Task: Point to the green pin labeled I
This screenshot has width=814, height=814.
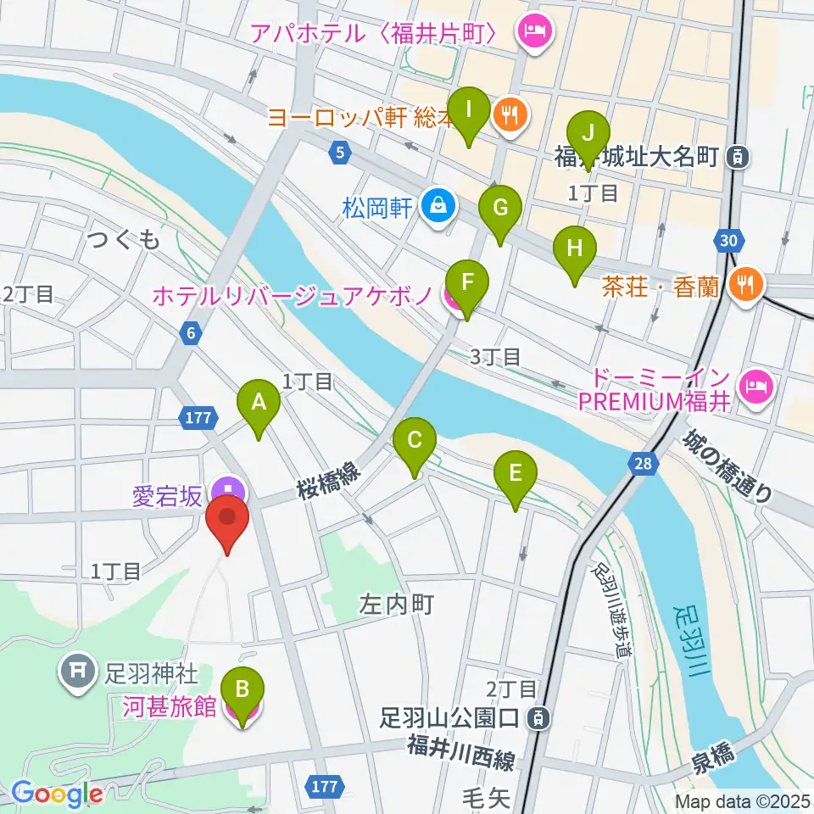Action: coord(468,111)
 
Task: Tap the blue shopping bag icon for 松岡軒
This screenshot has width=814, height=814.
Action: coord(439,206)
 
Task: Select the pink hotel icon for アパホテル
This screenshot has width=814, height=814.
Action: coord(536,34)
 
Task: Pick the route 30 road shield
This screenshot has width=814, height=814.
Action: coord(727,241)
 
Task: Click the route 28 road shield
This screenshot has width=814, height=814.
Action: coord(643,463)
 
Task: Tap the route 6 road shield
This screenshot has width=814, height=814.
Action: coord(192,334)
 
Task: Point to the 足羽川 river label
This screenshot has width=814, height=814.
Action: coord(689,639)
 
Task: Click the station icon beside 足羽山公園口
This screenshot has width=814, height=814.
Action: coord(537,720)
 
